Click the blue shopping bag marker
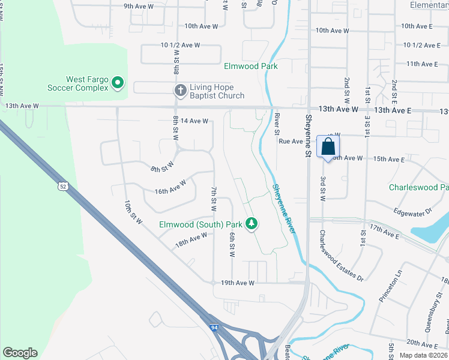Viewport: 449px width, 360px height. point(328,147)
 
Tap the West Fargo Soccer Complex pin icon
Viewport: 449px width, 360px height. point(118,83)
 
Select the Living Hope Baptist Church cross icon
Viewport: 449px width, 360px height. point(179,91)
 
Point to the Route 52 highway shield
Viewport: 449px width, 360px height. point(62,186)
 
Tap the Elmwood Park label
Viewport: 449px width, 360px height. point(251,66)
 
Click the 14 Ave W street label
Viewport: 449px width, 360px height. point(194,121)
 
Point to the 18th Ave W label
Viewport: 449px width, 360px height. point(190,239)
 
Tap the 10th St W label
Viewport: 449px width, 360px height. point(133,212)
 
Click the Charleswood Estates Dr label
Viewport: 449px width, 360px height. point(341,256)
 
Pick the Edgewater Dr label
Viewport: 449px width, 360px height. point(414,211)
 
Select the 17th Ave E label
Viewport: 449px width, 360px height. point(385,232)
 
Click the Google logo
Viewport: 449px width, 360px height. point(20,353)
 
